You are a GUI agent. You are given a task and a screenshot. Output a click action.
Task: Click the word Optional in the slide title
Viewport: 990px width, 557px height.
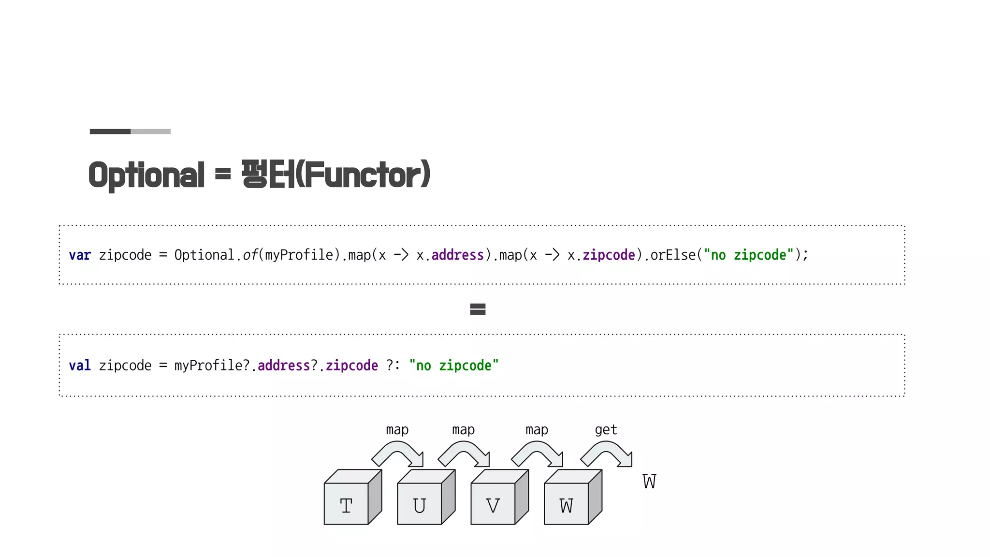[146, 175]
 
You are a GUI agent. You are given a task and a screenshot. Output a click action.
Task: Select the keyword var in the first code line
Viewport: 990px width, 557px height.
[80, 255]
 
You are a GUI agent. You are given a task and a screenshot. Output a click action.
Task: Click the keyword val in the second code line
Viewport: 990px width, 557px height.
[80, 366]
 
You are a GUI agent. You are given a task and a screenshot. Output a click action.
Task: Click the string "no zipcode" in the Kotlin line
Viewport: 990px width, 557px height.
[453, 366]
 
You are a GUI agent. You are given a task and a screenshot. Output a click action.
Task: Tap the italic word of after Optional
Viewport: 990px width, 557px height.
[250, 255]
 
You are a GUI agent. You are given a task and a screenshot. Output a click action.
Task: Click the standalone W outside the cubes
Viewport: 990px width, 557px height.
[649, 482]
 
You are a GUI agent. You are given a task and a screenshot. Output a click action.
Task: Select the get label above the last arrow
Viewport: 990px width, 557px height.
[606, 430]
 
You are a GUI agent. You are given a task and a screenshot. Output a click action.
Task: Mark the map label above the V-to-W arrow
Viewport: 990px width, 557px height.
[537, 430]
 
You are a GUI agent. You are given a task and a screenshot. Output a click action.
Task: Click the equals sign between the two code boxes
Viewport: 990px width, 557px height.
[478, 309]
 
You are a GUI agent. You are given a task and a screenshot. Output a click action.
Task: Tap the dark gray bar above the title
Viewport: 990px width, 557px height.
[110, 132]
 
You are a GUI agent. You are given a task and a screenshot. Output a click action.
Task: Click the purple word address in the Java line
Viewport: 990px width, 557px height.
[457, 255]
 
